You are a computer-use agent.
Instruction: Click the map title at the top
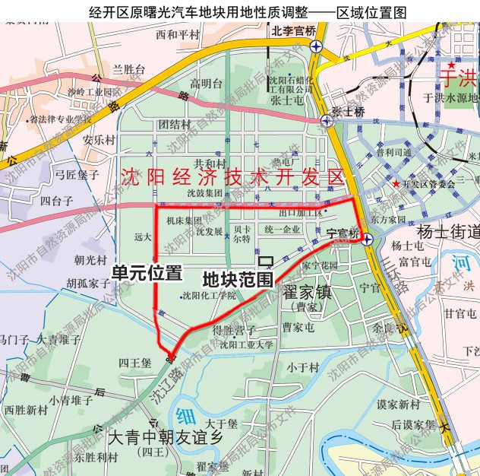(x=240, y=10)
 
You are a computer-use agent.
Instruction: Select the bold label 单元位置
(x=147, y=272)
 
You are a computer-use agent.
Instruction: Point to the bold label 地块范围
(x=238, y=279)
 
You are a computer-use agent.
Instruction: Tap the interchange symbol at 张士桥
(x=327, y=120)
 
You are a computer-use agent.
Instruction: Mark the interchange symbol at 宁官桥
(x=367, y=240)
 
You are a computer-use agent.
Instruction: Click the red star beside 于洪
(x=453, y=65)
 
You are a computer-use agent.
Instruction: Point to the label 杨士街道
(x=450, y=232)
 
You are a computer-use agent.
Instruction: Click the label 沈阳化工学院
(x=207, y=295)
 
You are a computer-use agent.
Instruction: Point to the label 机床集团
(x=183, y=220)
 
